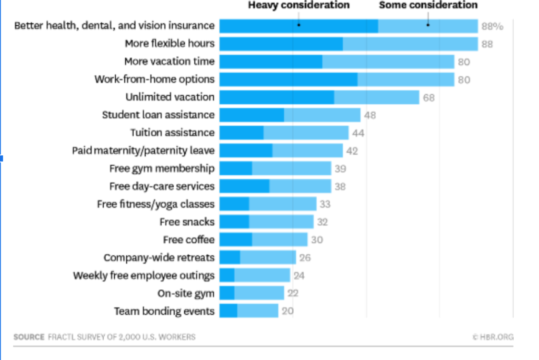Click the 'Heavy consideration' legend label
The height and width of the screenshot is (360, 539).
[298, 5]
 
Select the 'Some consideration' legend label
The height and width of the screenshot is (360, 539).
[428, 5]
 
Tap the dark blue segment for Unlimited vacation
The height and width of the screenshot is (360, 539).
[276, 97]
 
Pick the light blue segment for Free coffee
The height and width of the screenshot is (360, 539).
[280, 240]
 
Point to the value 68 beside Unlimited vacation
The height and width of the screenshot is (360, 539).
[428, 97]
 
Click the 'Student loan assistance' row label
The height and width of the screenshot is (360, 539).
[158, 115]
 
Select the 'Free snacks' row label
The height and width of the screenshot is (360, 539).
[187, 222]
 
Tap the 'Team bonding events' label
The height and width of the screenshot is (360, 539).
[164, 311]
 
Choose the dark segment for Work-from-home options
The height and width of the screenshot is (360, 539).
[288, 79]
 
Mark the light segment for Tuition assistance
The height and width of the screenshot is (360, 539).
[306, 133]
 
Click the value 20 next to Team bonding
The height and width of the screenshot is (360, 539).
[287, 311]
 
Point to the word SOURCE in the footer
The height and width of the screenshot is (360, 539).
[29, 337]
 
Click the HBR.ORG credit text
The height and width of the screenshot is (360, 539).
[493, 337]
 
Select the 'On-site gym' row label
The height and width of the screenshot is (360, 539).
[186, 293]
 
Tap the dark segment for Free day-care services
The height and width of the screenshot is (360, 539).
[244, 186]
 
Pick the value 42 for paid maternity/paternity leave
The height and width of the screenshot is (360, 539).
[352, 151]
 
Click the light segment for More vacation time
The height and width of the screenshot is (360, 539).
[388, 62]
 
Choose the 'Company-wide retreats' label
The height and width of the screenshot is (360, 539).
[159, 257]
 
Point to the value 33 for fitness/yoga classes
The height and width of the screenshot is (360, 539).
[324, 204]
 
